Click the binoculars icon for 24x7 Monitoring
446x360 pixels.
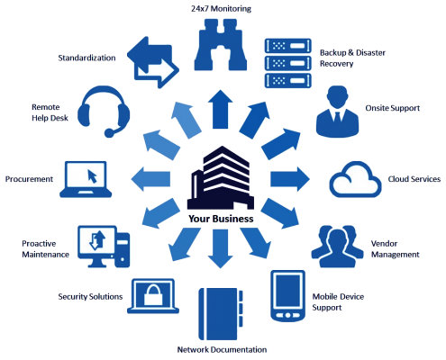pos(221,45)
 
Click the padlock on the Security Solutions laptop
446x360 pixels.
pos(153,295)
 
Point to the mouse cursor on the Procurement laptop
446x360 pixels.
pos(92,176)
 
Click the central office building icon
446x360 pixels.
pos(221,178)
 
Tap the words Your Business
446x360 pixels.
pos(221,219)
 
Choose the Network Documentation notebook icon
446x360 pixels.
pos(221,314)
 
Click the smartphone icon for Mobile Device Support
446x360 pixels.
pos(287,295)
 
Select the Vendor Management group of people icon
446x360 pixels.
pos(337,247)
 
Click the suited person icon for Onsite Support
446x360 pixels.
pos(337,112)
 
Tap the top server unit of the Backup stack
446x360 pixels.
pos(287,46)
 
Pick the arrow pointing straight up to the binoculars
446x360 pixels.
pos(221,109)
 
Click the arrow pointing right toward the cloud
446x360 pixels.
pos(290,179)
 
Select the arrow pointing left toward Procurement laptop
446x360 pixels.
pos(150,179)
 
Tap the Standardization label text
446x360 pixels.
pos(86,58)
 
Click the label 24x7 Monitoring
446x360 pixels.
pos(221,8)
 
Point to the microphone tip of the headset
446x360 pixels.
pos(109,133)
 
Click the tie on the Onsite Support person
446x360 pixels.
pos(337,117)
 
